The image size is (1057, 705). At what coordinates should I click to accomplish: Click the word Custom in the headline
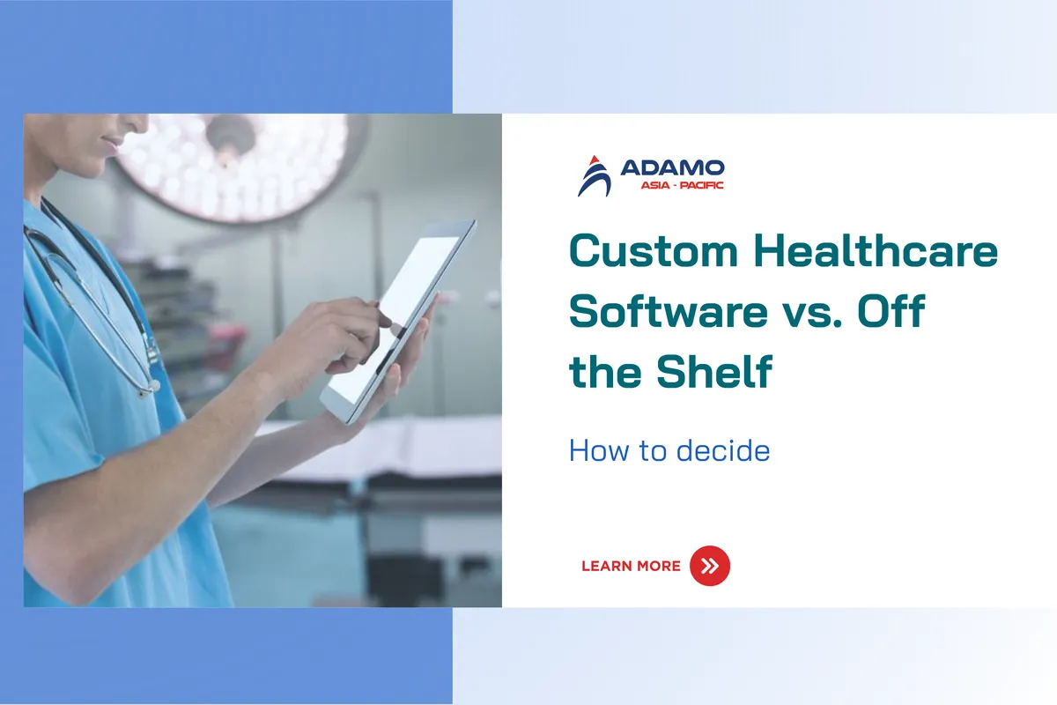click(x=654, y=251)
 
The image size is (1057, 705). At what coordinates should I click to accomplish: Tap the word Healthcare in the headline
click(x=876, y=250)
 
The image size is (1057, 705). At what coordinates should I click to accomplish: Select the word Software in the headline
click(x=669, y=311)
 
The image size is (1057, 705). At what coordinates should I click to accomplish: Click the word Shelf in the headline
click(x=714, y=372)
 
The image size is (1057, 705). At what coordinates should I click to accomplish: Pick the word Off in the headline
click(x=891, y=310)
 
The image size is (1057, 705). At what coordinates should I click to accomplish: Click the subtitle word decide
click(x=723, y=450)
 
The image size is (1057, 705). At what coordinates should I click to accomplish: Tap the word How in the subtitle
click(x=599, y=450)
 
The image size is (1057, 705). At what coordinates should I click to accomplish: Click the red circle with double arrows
click(x=709, y=566)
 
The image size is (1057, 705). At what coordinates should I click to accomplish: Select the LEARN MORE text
click(x=631, y=566)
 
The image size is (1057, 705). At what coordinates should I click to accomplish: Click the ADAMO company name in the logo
click(x=672, y=167)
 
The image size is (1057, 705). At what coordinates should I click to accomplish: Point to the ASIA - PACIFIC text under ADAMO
click(x=682, y=185)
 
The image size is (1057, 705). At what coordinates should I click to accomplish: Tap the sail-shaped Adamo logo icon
click(x=595, y=175)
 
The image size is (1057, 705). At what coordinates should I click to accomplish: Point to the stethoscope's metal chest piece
click(x=149, y=388)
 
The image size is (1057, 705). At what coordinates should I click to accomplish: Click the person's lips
click(x=111, y=145)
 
